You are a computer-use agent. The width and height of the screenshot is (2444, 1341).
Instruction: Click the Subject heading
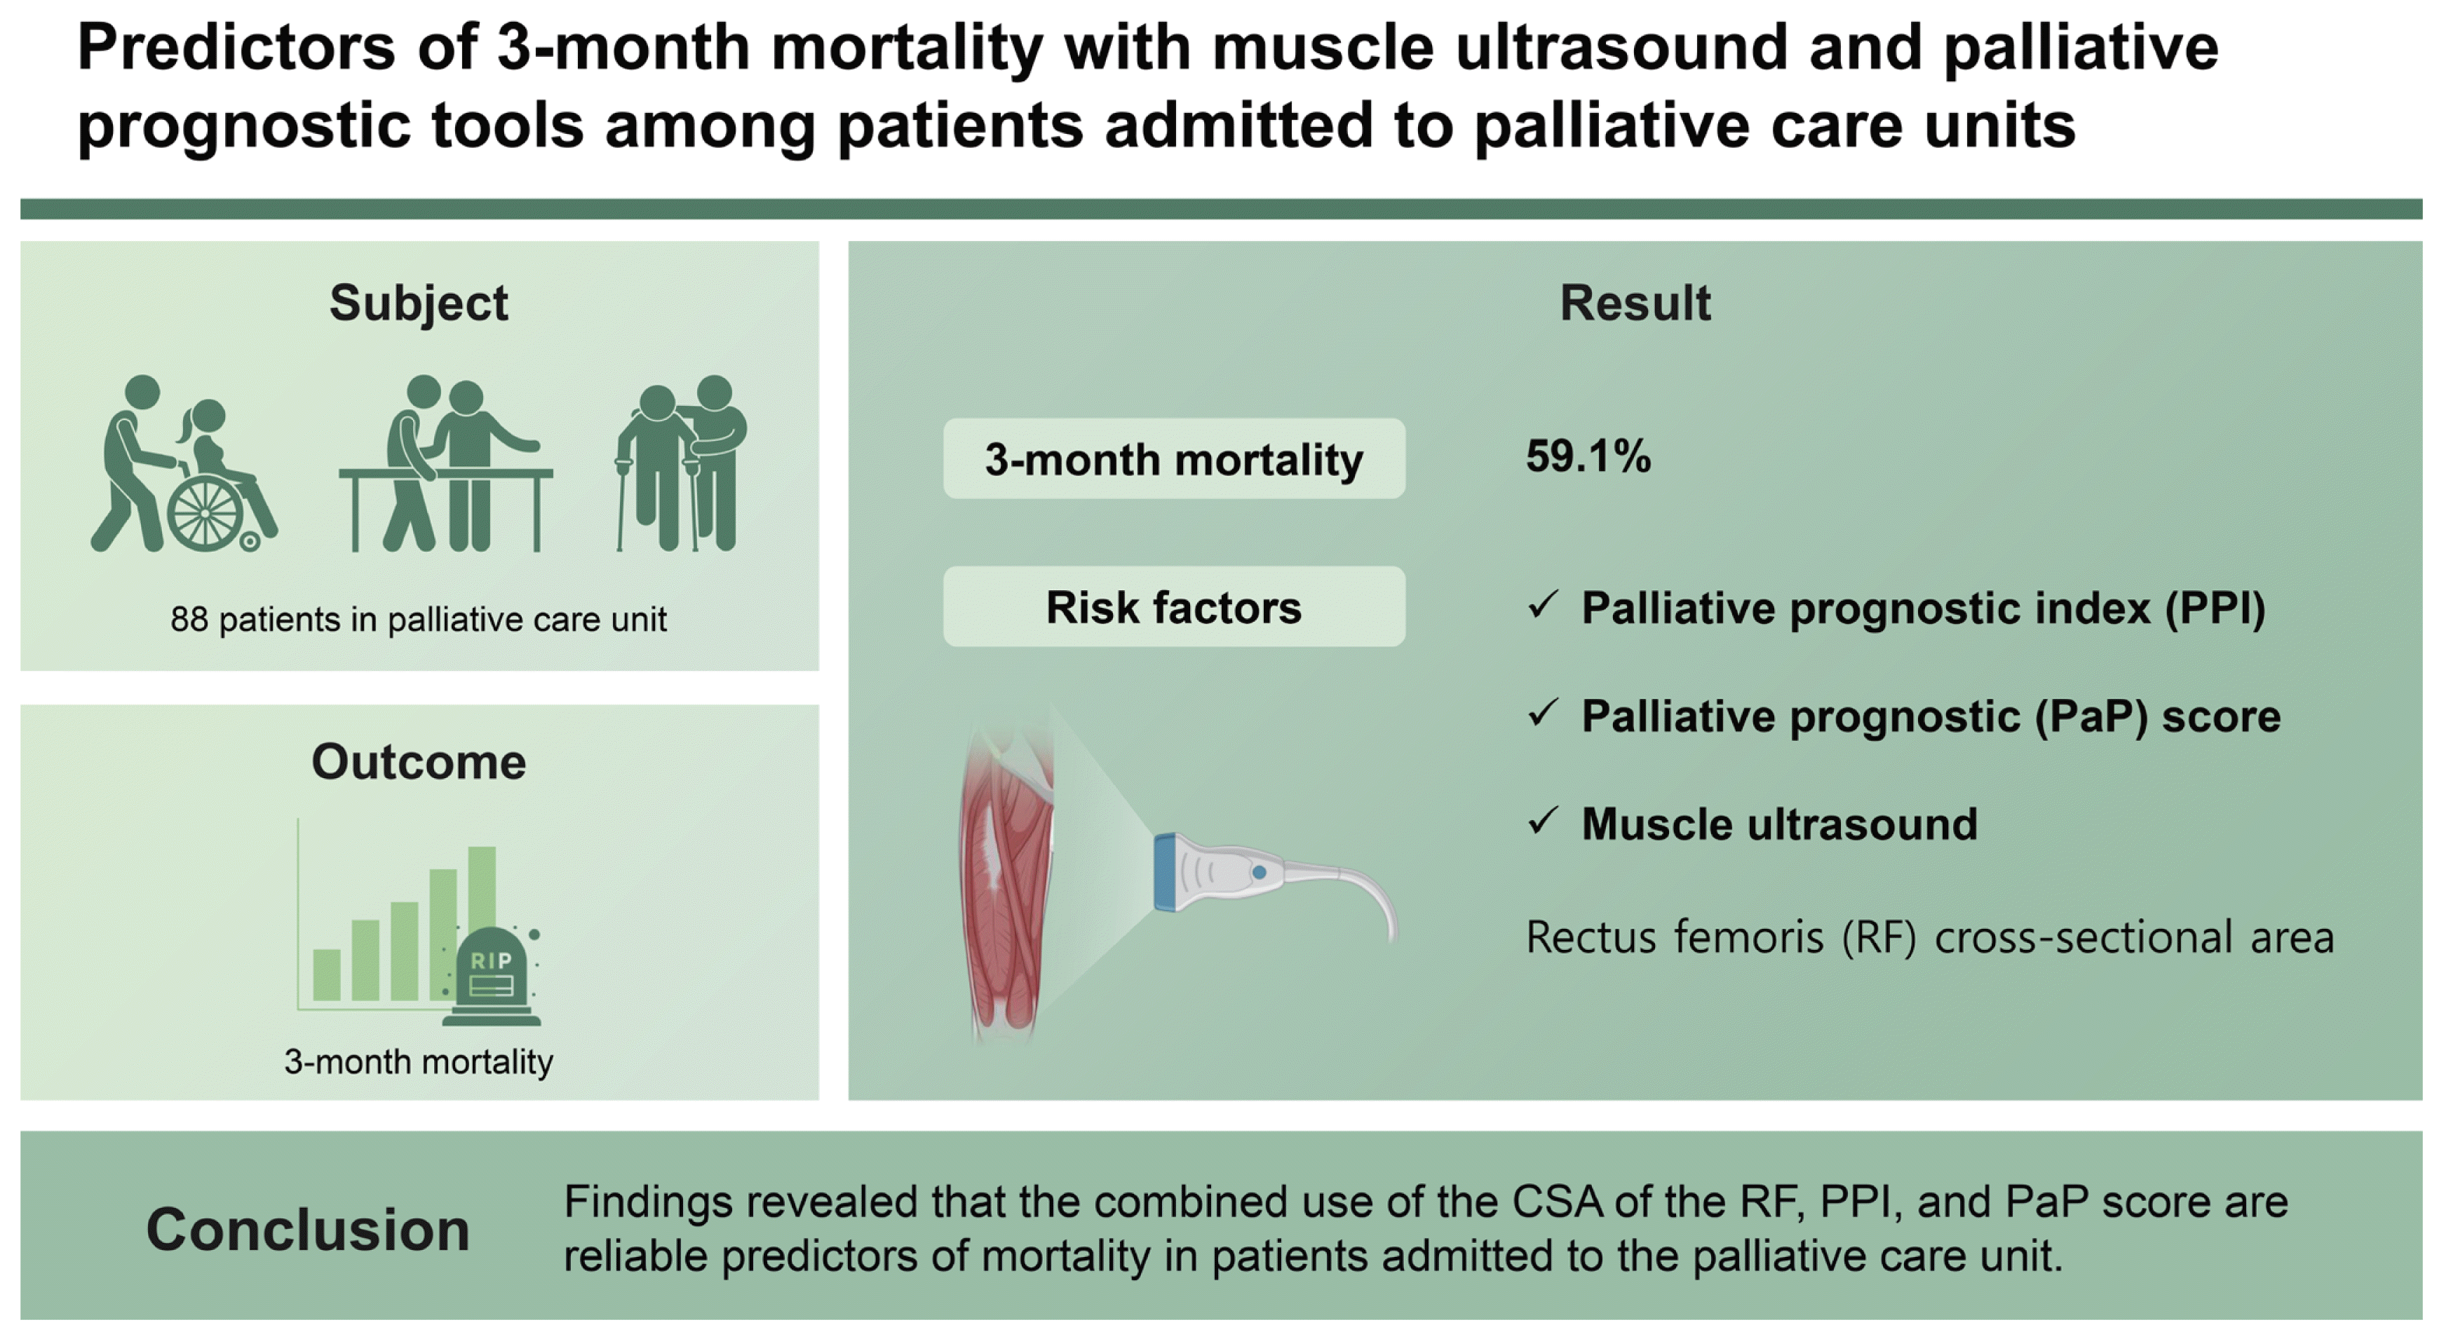(419, 304)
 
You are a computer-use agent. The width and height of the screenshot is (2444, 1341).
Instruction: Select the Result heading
(1635, 304)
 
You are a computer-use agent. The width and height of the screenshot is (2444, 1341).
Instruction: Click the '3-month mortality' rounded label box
(1174, 459)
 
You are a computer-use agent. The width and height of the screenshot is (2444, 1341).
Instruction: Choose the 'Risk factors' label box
(1174, 607)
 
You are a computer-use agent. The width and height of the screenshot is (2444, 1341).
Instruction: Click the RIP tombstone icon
(492, 976)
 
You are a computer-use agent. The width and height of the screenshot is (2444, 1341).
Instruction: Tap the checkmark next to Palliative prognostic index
(1543, 604)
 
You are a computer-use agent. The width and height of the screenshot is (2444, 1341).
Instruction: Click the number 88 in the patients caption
(189, 620)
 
